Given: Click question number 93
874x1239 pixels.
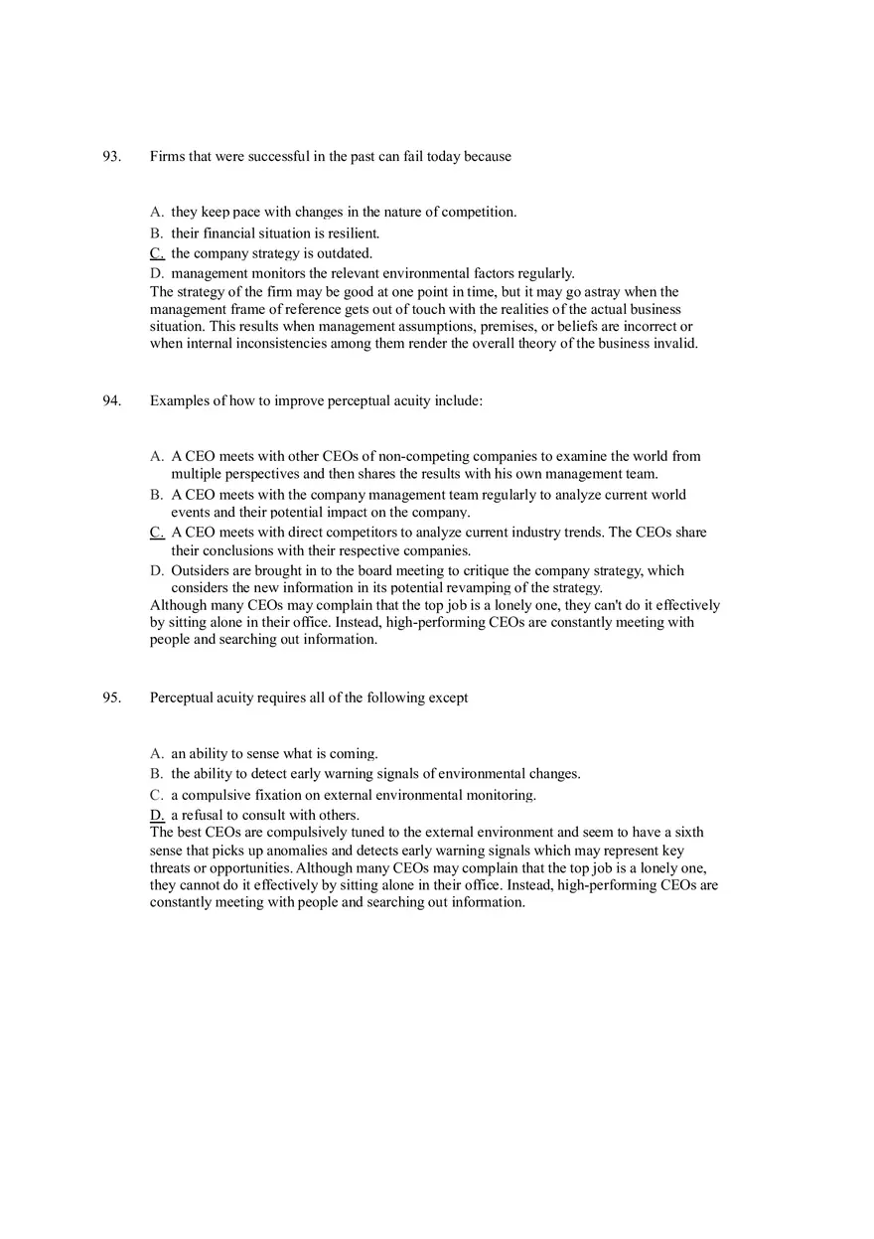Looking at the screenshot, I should (111, 157).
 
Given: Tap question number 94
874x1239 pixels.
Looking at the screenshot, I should (111, 401).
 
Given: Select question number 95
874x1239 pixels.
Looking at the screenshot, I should (111, 698).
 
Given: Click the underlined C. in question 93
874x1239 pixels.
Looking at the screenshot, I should (157, 253).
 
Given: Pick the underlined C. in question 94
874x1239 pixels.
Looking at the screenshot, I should (157, 533).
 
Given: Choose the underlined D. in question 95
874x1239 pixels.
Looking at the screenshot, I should (157, 816).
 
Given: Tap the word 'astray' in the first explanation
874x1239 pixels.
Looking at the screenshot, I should (611, 292).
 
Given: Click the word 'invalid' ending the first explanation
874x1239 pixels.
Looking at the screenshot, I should (674, 344).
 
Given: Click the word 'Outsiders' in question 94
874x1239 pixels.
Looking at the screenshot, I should (200, 571).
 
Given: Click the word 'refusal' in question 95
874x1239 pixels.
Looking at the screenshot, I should (204, 816).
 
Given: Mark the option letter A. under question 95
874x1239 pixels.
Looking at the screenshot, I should (157, 754).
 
